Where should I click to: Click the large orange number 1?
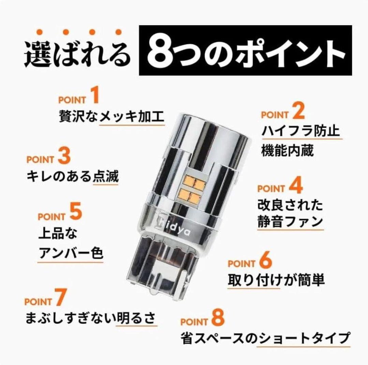[94, 96]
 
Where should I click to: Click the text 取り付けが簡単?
[276, 280]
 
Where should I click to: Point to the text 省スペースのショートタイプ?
[265, 338]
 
